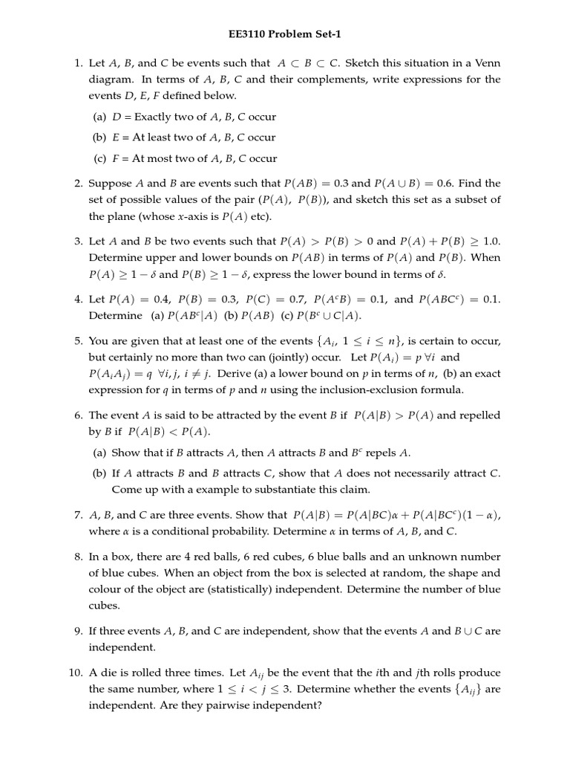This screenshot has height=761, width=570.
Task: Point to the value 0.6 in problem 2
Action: tap(468, 183)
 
